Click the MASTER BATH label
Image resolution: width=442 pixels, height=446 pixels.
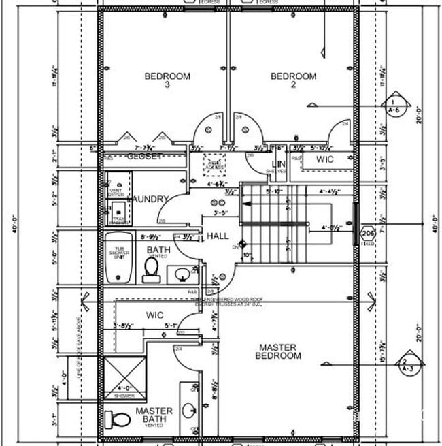tap(154, 415)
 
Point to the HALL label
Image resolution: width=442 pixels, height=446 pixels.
tap(218, 236)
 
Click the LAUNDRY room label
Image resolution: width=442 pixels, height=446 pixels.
tap(149, 199)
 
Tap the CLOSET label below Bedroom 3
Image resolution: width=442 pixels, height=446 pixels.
tap(145, 157)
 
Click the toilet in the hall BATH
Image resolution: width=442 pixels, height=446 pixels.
tap(151, 272)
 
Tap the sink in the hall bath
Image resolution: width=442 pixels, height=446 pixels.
tap(182, 274)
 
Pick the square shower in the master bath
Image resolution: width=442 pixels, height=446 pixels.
tap(124, 375)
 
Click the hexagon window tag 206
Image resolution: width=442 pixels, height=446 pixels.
tap(368, 233)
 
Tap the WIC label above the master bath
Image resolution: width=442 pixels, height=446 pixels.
tap(155, 315)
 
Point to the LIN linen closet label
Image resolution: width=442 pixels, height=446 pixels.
tap(277, 164)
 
